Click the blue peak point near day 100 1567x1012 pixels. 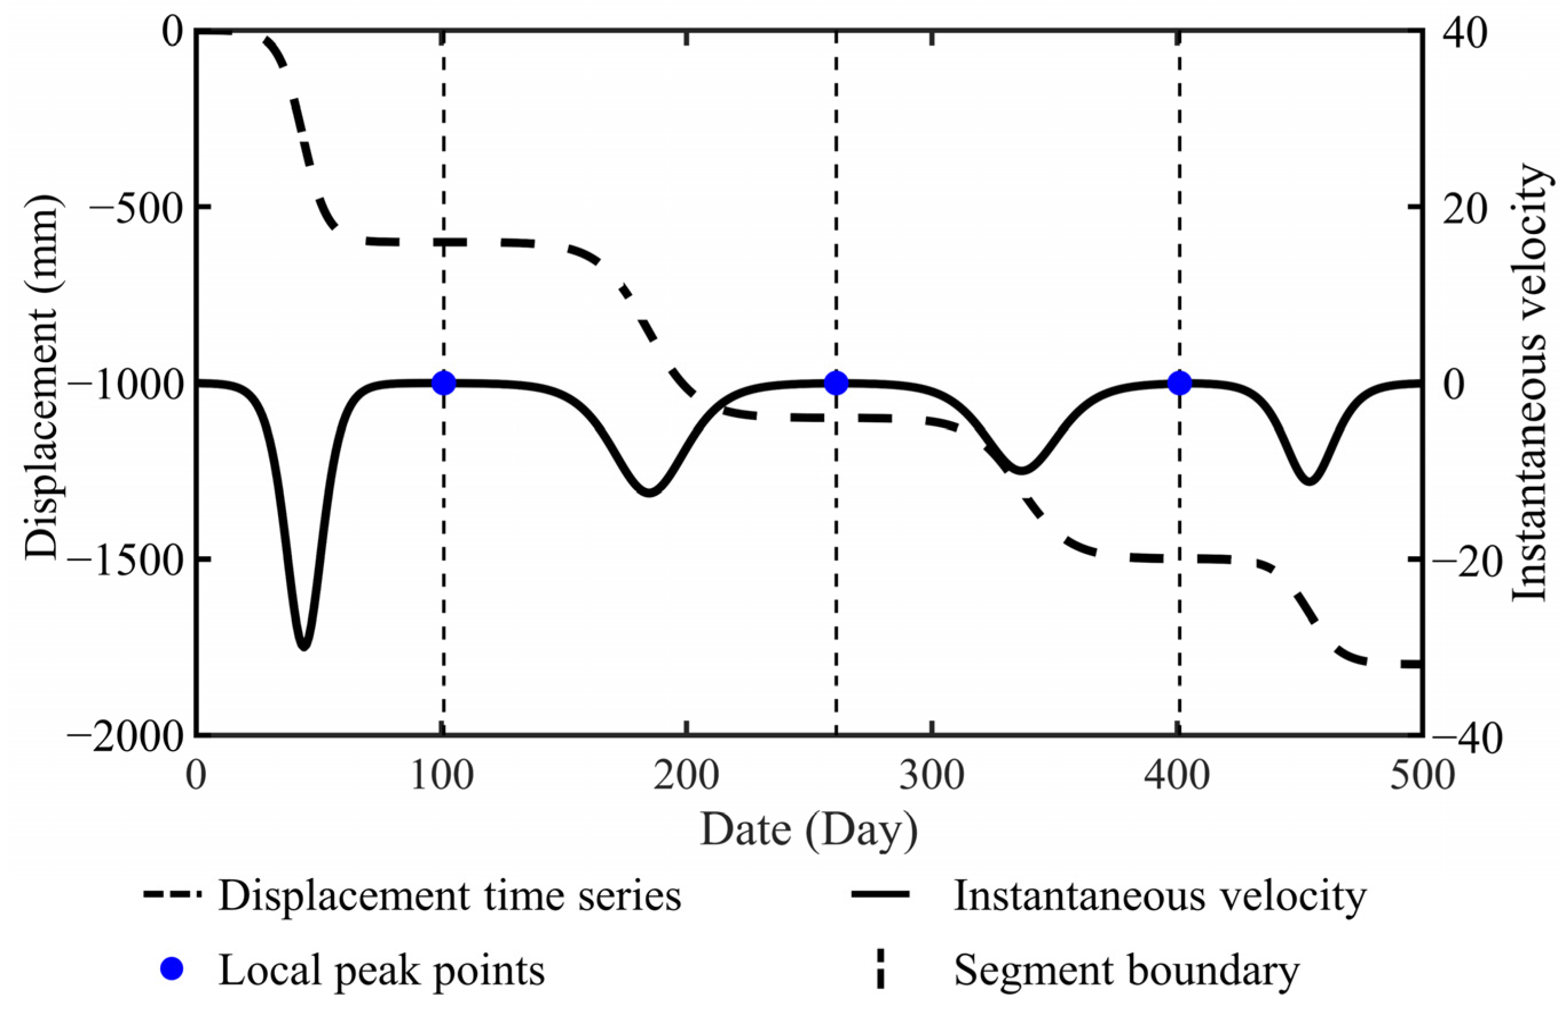pyautogui.click(x=444, y=383)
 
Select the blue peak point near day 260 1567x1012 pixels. pyautogui.click(x=836, y=383)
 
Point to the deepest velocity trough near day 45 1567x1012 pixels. pyautogui.click(x=303, y=646)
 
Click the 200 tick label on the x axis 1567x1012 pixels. pyautogui.click(x=686, y=775)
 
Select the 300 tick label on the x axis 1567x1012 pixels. pyautogui.click(x=932, y=775)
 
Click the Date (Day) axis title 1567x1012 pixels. pyautogui.click(x=809, y=830)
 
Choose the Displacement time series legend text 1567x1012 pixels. pyautogui.click(x=450, y=896)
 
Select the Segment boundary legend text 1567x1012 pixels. pyautogui.click(x=1127, y=970)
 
